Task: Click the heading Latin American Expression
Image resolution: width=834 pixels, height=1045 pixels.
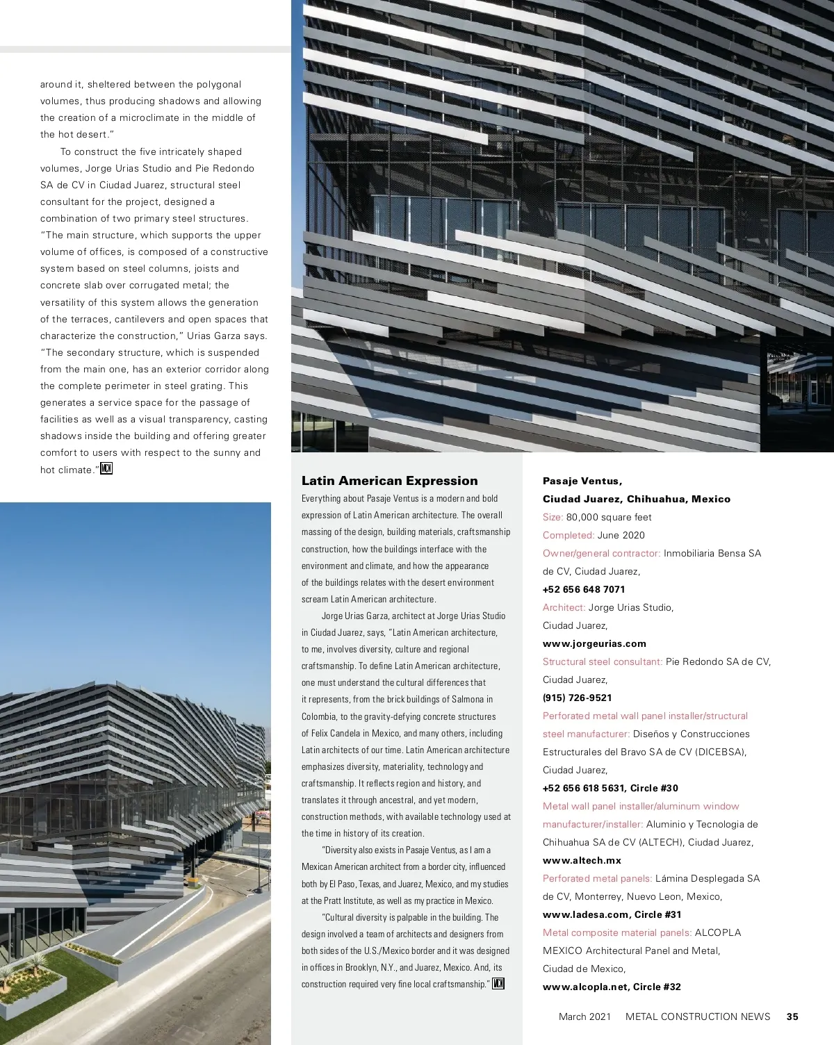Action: point(389,481)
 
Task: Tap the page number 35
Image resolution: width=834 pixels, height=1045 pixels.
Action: point(792,1017)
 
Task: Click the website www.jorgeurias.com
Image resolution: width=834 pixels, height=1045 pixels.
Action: point(594,643)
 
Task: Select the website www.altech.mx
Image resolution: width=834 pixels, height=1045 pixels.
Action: point(582,860)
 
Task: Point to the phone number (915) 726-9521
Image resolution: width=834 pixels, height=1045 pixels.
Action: point(577,698)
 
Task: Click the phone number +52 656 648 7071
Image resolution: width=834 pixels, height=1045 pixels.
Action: point(583,589)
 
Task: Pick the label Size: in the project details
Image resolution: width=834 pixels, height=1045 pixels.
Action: point(553,517)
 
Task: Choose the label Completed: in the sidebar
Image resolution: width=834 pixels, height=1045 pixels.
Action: point(568,535)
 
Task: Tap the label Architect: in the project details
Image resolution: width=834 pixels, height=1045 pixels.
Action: point(564,607)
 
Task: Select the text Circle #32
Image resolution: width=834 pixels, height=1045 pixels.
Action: point(657,987)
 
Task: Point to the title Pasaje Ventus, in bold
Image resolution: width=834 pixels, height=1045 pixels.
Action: point(582,481)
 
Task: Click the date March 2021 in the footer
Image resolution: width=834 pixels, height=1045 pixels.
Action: point(584,1017)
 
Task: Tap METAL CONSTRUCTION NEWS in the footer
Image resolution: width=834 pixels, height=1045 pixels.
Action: point(698,1017)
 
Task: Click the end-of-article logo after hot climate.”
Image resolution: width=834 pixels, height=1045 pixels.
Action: point(106,469)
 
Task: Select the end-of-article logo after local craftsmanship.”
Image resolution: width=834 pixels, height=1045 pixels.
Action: point(498,983)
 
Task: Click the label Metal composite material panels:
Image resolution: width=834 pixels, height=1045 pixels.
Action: point(616,932)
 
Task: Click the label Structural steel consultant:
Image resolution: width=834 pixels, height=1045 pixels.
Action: point(602,661)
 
